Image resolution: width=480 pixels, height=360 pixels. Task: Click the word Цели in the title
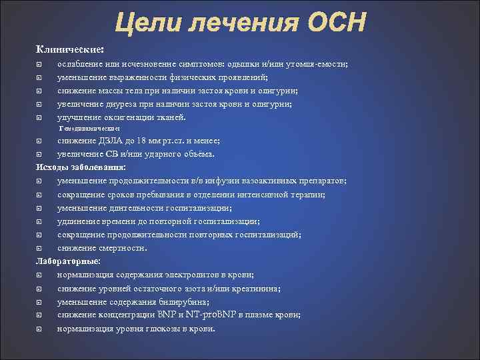point(145,24)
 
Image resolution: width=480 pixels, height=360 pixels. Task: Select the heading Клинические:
point(70,49)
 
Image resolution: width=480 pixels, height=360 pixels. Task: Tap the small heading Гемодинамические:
point(89,128)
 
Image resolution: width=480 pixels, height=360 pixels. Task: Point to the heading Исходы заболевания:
point(81,167)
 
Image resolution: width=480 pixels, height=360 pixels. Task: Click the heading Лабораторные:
point(69,261)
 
